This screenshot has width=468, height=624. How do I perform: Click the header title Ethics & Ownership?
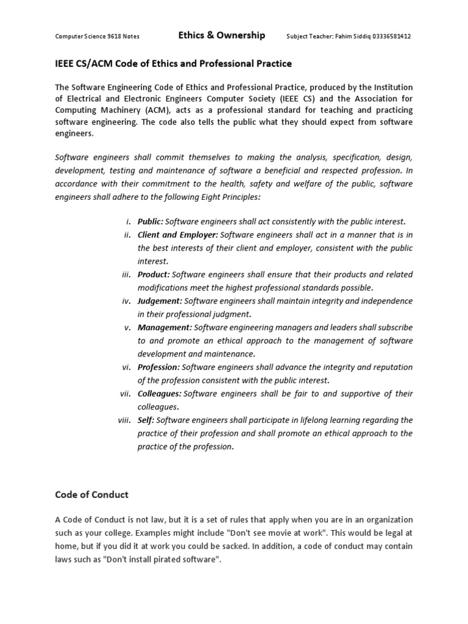(221, 35)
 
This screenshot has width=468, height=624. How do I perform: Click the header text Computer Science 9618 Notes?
(97, 37)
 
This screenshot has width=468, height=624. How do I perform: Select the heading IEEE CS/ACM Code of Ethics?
(174, 63)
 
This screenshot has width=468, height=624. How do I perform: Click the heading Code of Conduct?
(92, 495)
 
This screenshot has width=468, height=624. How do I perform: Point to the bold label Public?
(151, 222)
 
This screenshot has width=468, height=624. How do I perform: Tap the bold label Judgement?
(160, 301)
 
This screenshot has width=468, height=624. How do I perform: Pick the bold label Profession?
(158, 367)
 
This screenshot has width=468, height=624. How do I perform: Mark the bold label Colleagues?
(160, 394)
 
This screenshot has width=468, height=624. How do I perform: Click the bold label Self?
(146, 420)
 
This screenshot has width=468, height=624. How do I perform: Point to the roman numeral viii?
(124, 420)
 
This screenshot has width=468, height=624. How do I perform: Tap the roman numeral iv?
(127, 301)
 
